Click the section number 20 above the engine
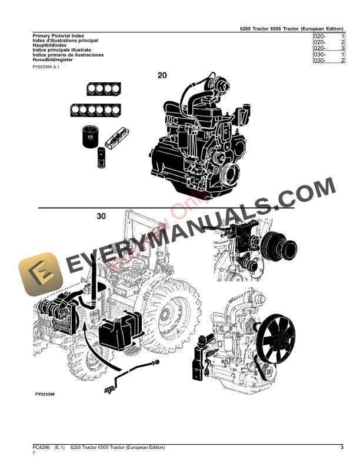point(162,75)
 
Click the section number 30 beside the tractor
point(102,217)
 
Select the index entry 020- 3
point(329,49)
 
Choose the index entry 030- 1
point(329,55)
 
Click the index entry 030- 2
point(329,61)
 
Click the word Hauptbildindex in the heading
point(51,45)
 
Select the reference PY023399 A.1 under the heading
point(46,68)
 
